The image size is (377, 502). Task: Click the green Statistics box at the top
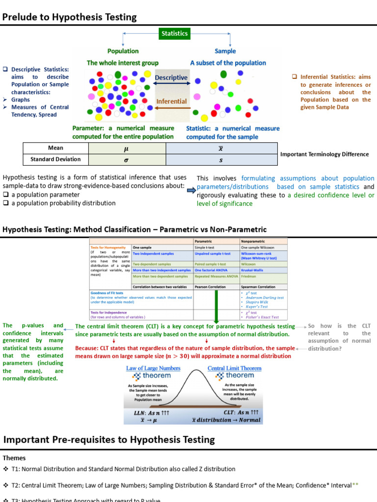pos(175,33)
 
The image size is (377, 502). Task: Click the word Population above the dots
pos(123,51)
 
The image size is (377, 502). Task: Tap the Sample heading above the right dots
pos(225,51)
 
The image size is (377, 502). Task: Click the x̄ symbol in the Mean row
pos(221,148)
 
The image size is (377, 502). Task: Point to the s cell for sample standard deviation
pos(221,159)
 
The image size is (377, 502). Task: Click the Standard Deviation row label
pos(55,159)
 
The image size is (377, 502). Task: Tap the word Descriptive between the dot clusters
pos(171,77)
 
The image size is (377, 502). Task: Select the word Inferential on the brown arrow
pos(171,101)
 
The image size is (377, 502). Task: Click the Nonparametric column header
pos(254,242)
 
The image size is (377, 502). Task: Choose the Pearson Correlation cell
pos(210,287)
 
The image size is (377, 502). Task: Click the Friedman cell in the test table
pos(249,276)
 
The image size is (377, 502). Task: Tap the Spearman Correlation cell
pos(258,287)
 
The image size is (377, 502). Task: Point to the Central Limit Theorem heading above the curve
pos(234,368)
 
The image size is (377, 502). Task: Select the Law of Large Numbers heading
pos(146,368)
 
